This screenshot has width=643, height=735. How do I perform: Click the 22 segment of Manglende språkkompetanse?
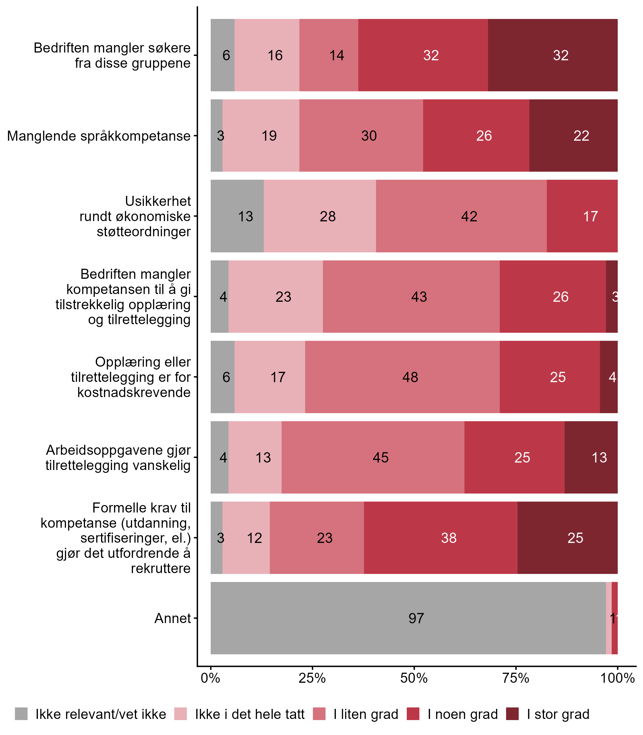tap(574, 136)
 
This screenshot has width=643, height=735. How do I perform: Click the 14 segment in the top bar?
tap(329, 55)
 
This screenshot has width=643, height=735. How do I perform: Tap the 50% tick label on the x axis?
tap(414, 678)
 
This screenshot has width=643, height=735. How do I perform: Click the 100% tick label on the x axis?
tap(617, 678)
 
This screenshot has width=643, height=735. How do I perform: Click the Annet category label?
tap(173, 618)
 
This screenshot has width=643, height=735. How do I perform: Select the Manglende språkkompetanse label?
tap(99, 136)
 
